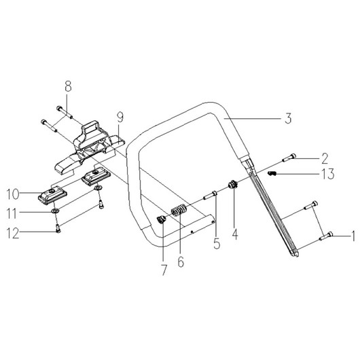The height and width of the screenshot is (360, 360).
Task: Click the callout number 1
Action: click(353, 236)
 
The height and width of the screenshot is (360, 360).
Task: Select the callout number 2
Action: click(325, 158)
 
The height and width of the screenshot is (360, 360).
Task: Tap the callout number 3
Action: click(288, 118)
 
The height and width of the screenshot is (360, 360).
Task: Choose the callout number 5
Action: click(217, 244)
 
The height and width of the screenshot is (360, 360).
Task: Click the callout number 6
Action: click(181, 262)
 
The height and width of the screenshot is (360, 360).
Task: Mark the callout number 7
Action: click(164, 270)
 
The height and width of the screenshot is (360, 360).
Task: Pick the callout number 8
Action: click(68, 86)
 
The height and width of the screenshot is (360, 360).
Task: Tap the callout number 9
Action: click(120, 117)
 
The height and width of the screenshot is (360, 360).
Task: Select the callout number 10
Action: click(13, 194)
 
